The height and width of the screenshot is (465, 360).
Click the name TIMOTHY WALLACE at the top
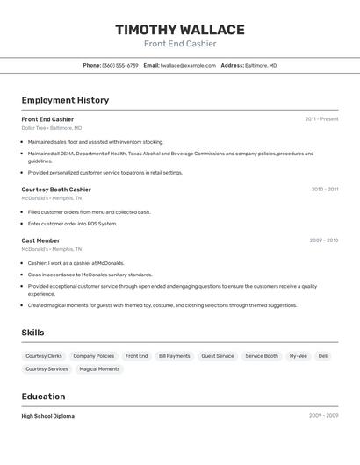coord(180,30)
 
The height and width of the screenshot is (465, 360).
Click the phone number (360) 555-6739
coord(120,65)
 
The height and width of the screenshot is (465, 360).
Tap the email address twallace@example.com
coord(187,65)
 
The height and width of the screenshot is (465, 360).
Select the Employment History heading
coord(65,100)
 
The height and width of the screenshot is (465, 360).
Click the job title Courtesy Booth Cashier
coord(56,190)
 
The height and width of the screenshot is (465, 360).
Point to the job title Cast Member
coord(40,240)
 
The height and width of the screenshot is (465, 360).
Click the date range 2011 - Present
coord(321,119)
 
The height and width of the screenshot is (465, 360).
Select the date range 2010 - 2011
coord(324,190)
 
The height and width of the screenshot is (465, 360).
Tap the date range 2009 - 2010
coord(323,240)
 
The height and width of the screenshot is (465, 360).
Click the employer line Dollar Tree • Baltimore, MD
coord(52,128)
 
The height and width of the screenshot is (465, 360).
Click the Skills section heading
coord(32,333)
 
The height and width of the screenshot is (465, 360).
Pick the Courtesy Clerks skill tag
coord(44,356)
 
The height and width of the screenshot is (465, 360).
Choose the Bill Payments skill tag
coord(174,356)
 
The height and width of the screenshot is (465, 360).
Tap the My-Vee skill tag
coord(299,356)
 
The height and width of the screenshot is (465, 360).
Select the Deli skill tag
coord(323,356)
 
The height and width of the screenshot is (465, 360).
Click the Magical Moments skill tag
coord(99,369)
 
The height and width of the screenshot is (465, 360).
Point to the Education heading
coord(43,397)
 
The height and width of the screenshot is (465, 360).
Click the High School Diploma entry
coord(48,416)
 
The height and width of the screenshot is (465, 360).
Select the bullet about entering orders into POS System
coord(72,224)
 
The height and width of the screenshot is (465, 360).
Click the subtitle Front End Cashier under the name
coord(180,44)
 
